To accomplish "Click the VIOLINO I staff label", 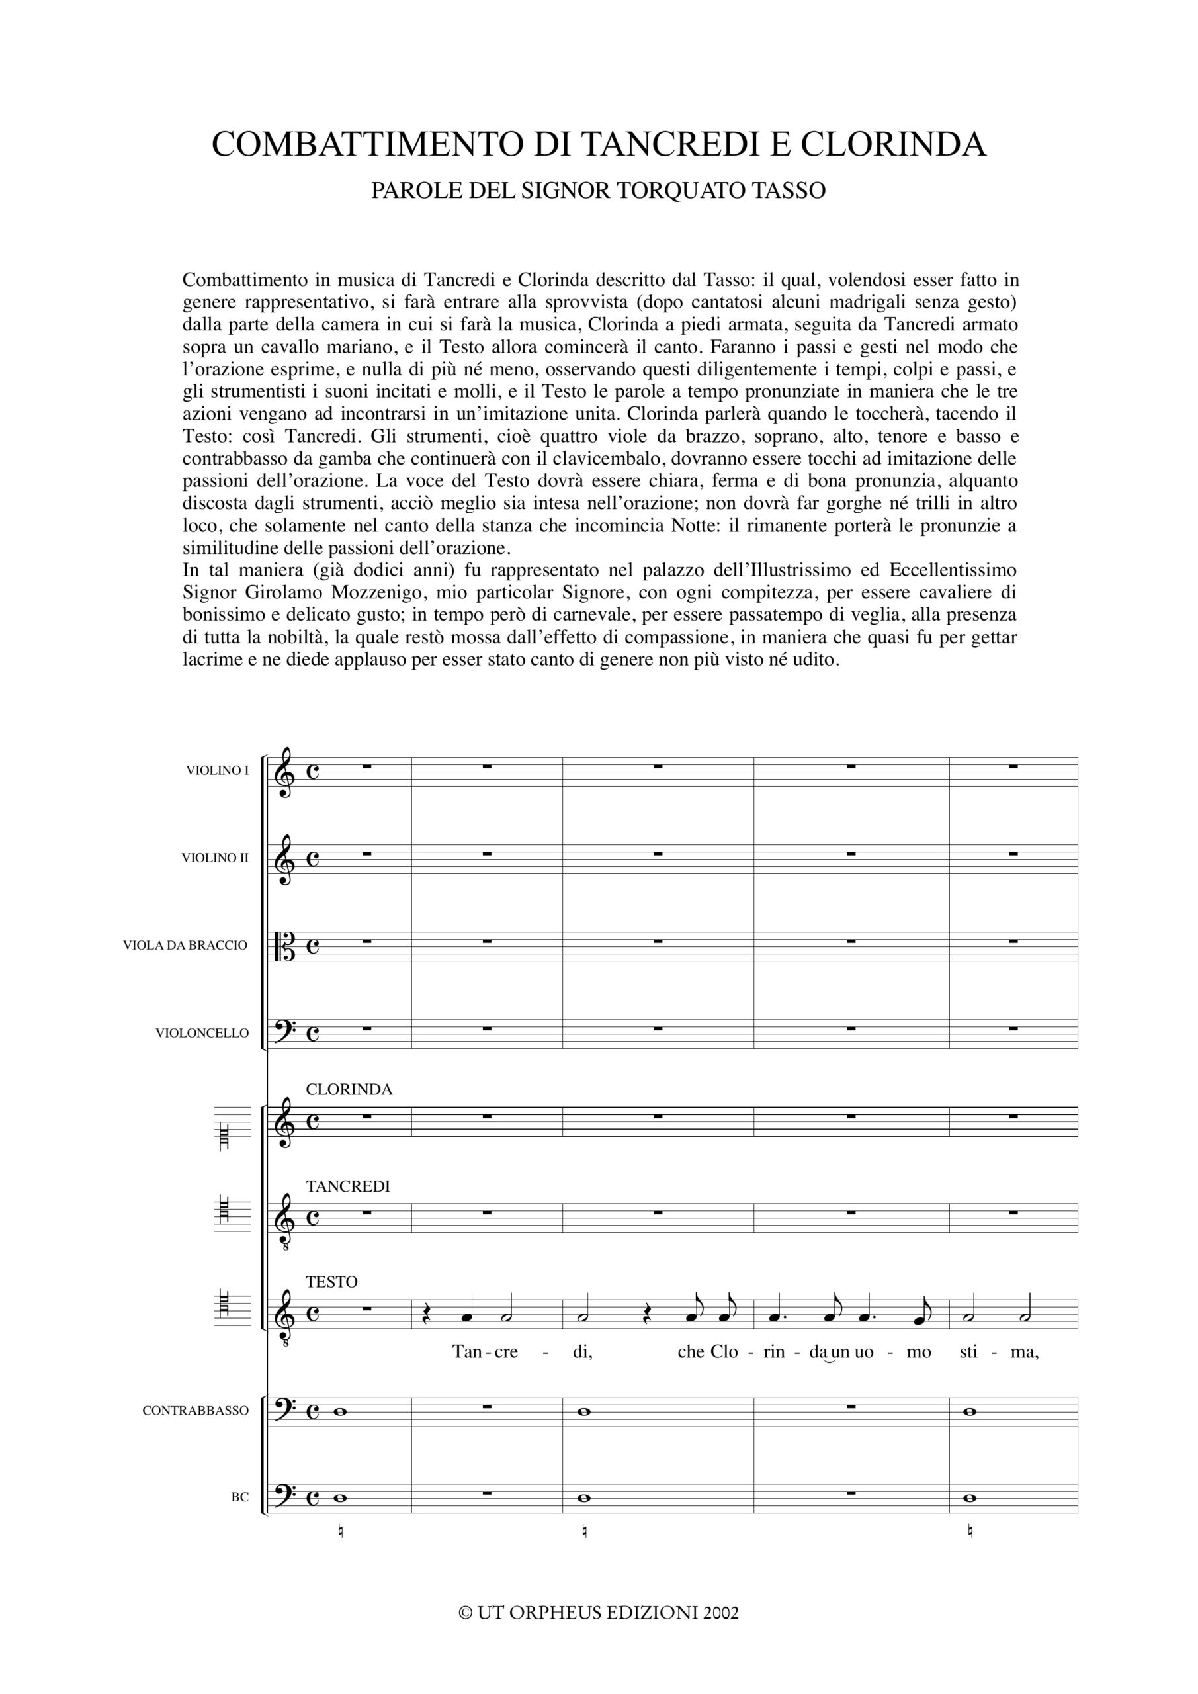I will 218,770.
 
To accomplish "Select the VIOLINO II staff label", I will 216,858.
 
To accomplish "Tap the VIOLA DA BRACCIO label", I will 185,945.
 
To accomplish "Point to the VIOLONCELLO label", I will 202,1033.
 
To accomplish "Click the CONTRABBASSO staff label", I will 196,1411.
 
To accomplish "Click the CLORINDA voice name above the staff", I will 349,1090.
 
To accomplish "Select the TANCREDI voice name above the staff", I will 347,1186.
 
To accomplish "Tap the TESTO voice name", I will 331,1282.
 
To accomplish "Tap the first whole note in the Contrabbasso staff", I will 339,1411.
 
